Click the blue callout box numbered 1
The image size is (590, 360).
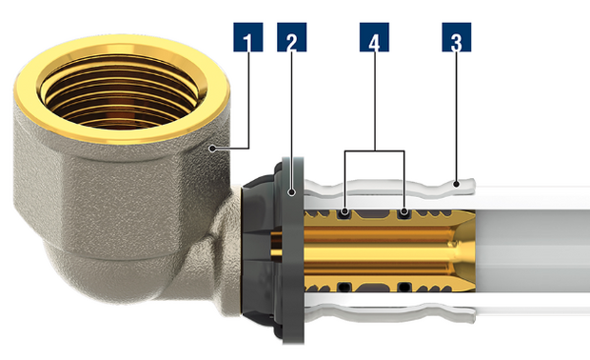pos(248,37)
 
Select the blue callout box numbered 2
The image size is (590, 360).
pos(291,37)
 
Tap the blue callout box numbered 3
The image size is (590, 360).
pos(457,37)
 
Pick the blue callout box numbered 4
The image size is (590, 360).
pos(374,37)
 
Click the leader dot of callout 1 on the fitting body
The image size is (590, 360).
pos(212,149)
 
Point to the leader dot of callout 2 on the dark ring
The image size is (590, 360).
pos(291,192)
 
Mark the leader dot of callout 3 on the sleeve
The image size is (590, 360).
pos(456,184)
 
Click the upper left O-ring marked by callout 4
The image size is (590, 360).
pos(344,213)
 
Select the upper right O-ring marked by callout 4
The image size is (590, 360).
pos(404,213)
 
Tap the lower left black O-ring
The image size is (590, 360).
pos(344,287)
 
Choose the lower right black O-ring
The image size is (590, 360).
pos(404,287)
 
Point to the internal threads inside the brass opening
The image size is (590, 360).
pos(121,98)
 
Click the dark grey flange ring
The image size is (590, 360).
pos(293,250)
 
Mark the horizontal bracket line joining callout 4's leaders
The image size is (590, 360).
pos(374,151)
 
